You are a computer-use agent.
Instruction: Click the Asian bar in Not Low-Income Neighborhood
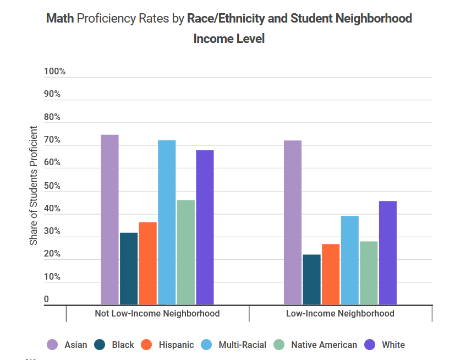109,220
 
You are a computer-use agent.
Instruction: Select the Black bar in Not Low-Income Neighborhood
129,269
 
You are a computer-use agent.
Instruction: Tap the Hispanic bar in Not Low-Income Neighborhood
147,263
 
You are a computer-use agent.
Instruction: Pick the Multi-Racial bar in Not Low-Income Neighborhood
167,222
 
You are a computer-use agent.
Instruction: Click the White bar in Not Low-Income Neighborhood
205,227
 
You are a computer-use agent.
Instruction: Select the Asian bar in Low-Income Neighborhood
292,222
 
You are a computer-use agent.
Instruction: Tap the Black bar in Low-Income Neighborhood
311,280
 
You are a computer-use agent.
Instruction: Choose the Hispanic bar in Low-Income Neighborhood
331,274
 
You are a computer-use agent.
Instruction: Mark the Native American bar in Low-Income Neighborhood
369,273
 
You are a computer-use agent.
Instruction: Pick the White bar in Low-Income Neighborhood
387,253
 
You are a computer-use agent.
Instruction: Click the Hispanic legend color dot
146,345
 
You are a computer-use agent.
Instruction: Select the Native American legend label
324,345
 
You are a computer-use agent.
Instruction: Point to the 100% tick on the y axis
54,72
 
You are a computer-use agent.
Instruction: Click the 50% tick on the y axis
53,186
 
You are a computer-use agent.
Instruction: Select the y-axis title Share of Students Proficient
34,186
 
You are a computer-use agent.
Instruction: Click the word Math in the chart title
60,19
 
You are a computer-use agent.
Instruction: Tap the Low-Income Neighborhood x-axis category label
340,314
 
